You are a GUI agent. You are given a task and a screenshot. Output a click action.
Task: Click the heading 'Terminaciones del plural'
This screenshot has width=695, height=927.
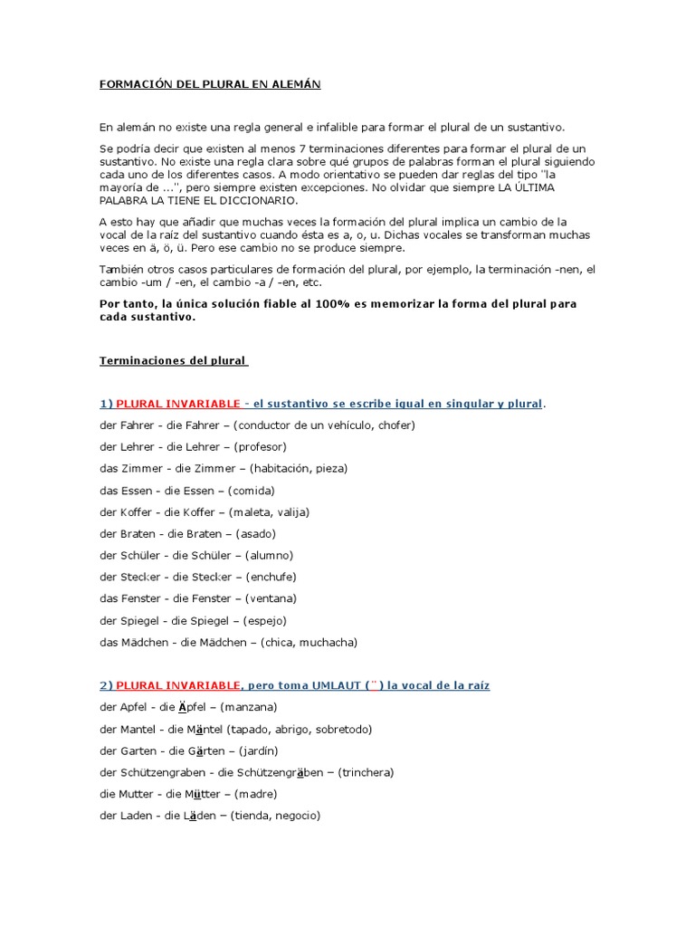point(173,360)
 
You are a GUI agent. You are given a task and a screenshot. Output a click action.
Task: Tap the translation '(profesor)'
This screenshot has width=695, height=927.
point(260,446)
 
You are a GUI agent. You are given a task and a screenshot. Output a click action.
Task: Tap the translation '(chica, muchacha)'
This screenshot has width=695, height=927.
point(309,642)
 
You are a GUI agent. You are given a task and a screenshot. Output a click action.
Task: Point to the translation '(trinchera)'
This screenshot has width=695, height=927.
point(366,772)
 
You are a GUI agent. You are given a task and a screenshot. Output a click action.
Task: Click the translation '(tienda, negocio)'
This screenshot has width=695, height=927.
point(276,816)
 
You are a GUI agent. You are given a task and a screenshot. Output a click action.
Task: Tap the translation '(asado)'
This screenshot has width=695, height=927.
point(252,533)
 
